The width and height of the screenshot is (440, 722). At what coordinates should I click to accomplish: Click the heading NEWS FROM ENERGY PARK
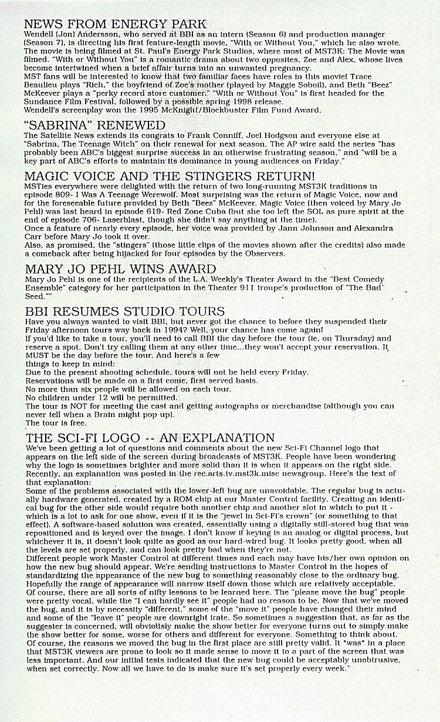[x=115, y=24]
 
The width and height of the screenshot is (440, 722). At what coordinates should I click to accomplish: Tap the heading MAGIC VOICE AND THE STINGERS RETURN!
[x=170, y=176]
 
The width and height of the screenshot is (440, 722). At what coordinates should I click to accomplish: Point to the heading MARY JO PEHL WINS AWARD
[x=120, y=269]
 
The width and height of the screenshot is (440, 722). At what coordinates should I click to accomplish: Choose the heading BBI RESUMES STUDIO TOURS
[x=124, y=311]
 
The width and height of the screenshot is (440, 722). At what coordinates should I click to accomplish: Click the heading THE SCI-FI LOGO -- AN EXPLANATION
[x=150, y=438]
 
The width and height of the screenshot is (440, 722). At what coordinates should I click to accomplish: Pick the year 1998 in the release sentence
[x=212, y=102]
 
